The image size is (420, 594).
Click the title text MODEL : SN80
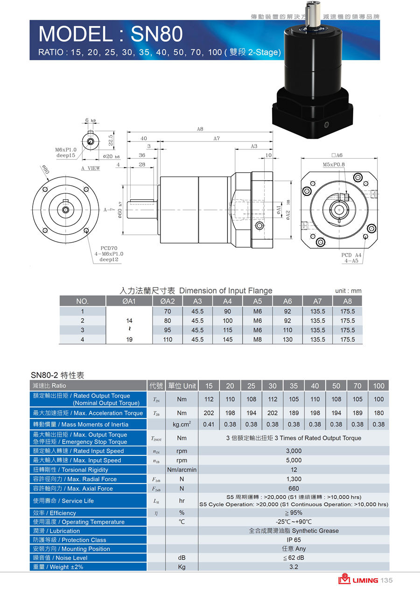tap(111, 34)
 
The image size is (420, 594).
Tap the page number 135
tap(387, 580)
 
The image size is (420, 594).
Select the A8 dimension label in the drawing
tap(200, 129)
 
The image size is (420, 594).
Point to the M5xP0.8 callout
tap(334, 164)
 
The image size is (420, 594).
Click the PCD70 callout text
tap(109, 248)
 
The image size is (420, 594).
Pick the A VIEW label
tap(91, 168)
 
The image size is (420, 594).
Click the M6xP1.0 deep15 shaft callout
tap(65, 153)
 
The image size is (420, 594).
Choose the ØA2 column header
tap(168, 301)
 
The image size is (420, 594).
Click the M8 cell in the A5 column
tap(258, 339)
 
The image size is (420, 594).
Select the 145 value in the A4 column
tap(228, 339)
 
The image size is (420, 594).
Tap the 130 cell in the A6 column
tap(287, 339)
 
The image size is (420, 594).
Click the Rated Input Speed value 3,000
tap(294, 451)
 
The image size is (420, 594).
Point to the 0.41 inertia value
tap(209, 424)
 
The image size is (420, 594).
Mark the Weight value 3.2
tap(294, 567)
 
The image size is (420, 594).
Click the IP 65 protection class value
tap(294, 540)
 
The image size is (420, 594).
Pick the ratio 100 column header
tap(378, 386)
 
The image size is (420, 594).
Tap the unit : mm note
tap(348, 291)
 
